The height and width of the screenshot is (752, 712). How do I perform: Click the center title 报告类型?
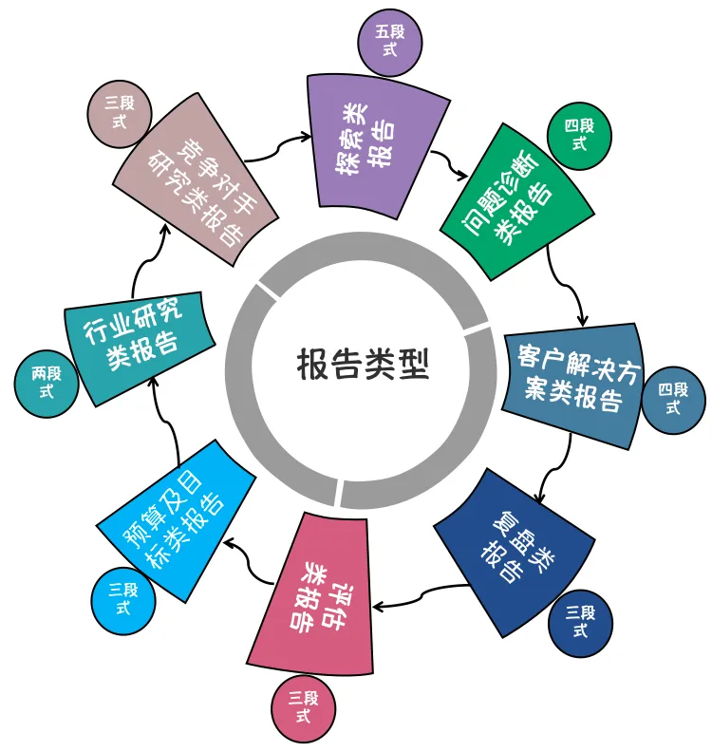(x=362, y=363)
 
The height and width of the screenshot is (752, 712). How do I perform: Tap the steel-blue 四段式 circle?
(x=673, y=399)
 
